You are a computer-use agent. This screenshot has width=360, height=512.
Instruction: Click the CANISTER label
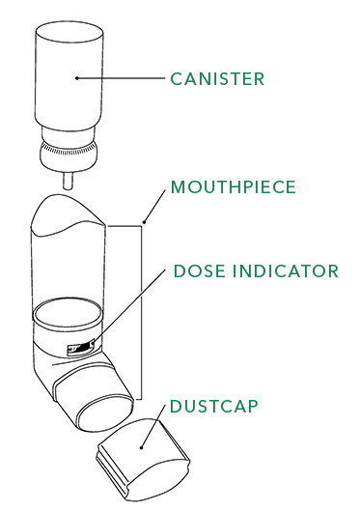[216, 78]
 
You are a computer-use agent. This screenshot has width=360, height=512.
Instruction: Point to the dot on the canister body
[75, 78]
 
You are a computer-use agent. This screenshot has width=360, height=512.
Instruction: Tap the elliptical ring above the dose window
[68, 314]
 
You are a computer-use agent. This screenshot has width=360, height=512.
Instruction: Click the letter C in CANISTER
[176, 78]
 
